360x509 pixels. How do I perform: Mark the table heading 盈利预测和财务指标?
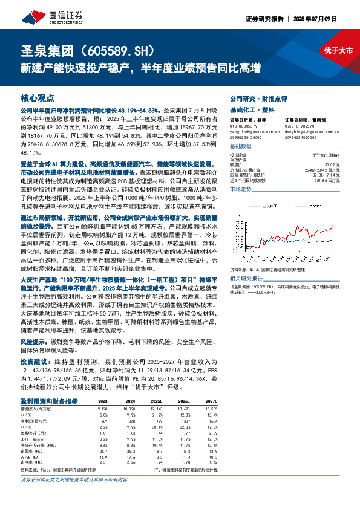pyautogui.click(x=49, y=401)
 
